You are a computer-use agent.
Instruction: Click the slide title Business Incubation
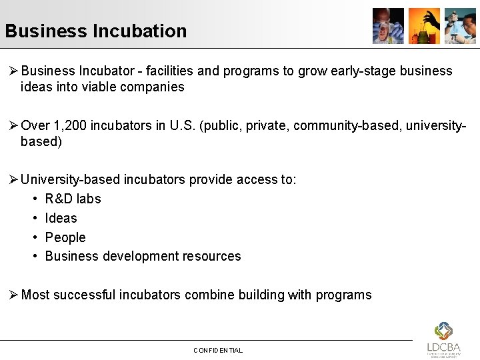[95, 31]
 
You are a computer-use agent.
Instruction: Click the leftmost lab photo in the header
[388, 26]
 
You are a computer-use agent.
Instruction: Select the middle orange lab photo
[424, 26]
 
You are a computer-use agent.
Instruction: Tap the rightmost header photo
[460, 26]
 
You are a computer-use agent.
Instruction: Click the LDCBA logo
[443, 339]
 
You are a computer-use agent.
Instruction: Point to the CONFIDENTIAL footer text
[218, 350]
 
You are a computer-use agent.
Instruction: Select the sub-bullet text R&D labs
[73, 199]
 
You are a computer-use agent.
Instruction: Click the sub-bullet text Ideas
[61, 218]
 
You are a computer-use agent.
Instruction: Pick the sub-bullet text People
[65, 237]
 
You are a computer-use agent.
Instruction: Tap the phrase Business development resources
[143, 256]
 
